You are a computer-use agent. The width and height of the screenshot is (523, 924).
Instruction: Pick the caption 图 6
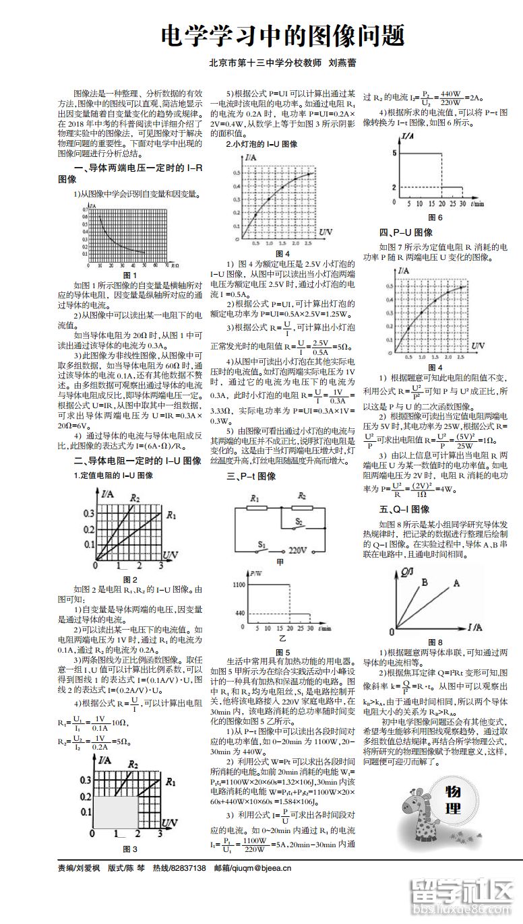[x=435, y=217]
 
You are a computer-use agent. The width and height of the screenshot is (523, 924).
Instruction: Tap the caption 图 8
[x=435, y=642]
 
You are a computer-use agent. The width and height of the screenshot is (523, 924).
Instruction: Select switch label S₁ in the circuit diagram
[x=262, y=543]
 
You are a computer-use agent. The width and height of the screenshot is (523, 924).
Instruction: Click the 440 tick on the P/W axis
[x=239, y=613]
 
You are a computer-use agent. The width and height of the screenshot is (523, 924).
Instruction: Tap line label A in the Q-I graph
[x=456, y=583]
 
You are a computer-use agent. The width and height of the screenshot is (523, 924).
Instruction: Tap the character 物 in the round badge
[x=454, y=791]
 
